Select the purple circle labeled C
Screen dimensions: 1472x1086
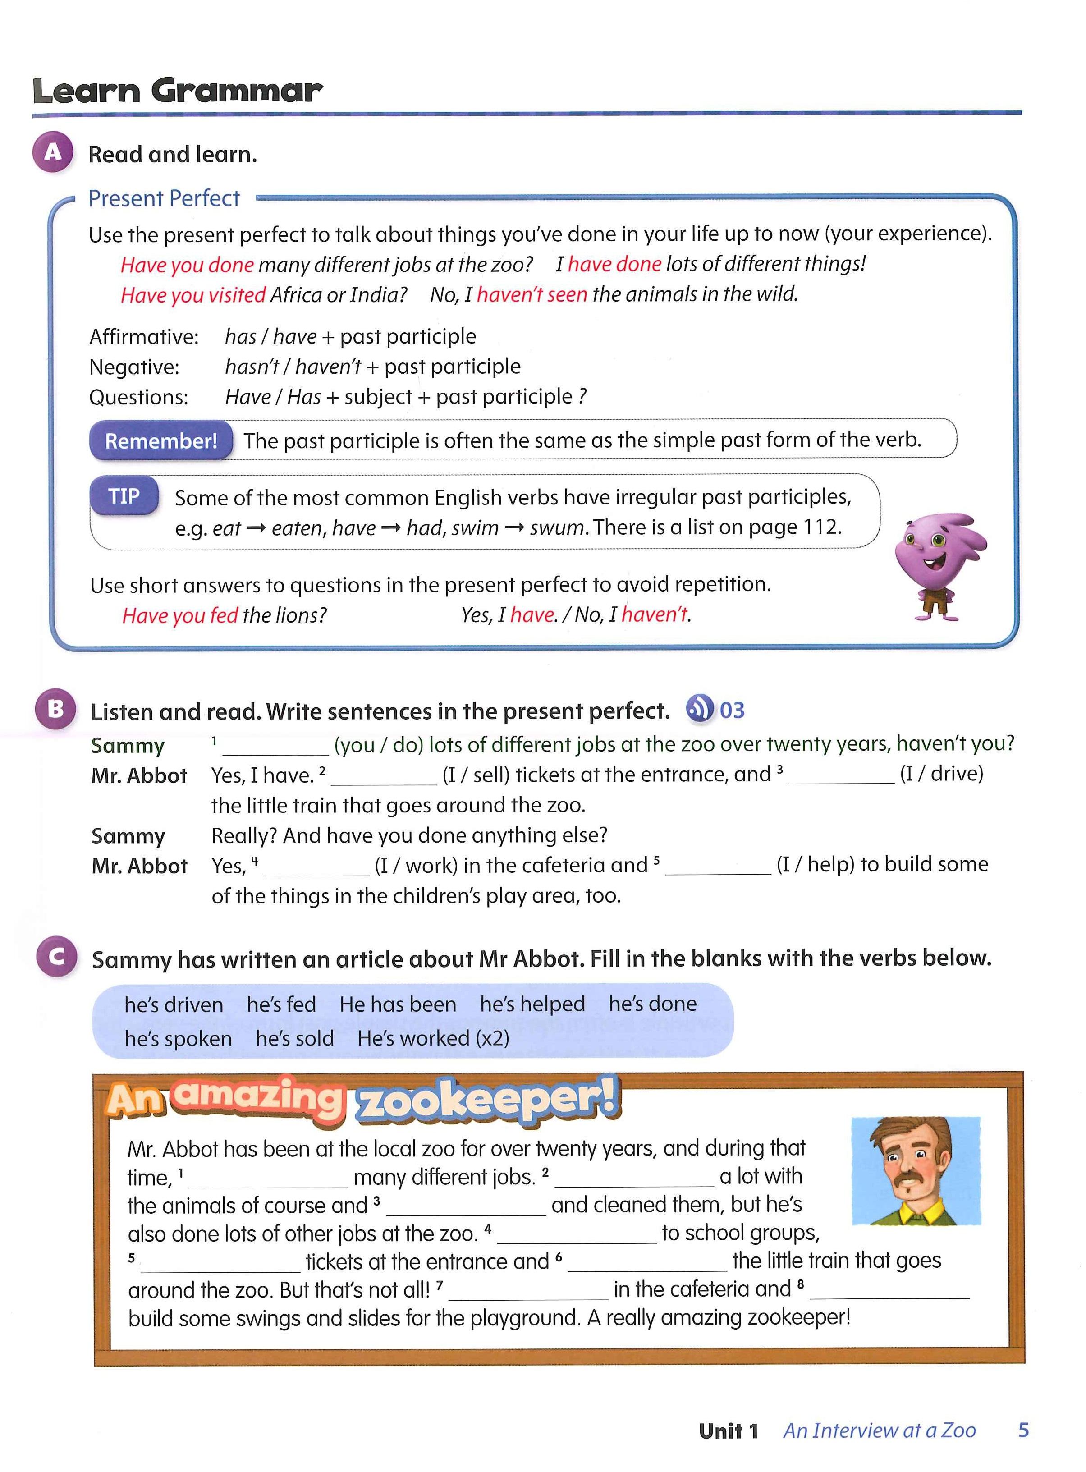pyautogui.click(x=56, y=957)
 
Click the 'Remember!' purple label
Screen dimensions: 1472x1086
pyautogui.click(x=161, y=440)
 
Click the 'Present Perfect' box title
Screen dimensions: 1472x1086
pyautogui.click(x=165, y=198)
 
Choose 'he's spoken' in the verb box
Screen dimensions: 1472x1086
pyautogui.click(x=178, y=1038)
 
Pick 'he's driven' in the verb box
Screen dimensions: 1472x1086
pyautogui.click(x=174, y=1004)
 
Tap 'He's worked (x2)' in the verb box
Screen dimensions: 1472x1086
pyautogui.click(x=433, y=1038)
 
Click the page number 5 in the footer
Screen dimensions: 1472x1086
pyautogui.click(x=1023, y=1430)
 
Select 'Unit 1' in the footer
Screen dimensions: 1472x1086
pyautogui.click(x=729, y=1431)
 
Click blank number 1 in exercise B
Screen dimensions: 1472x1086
pyautogui.click(x=275, y=746)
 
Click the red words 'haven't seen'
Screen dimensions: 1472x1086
pyautogui.click(x=532, y=294)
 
